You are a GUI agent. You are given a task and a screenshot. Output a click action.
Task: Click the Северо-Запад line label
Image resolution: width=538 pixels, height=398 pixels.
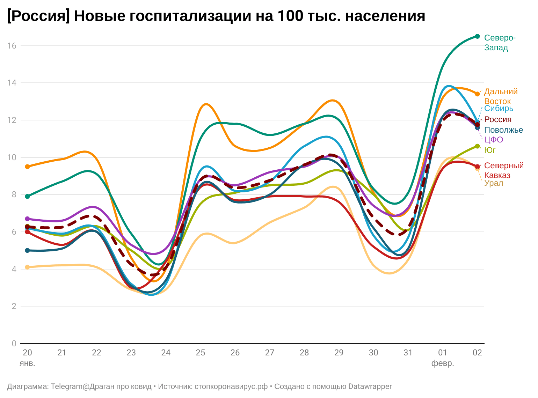pos(500,43)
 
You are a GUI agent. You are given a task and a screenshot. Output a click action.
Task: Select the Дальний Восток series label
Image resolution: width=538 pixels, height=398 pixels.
pos(501,96)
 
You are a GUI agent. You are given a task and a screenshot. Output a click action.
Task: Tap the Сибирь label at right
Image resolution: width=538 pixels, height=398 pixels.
pos(499,108)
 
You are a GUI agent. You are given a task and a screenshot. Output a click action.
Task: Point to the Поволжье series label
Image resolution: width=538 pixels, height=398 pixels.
pos(503,130)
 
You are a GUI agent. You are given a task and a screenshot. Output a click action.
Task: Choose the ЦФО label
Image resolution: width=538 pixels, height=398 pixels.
pos(493,140)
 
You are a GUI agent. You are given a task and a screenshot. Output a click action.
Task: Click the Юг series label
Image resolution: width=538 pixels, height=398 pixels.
pos(490,150)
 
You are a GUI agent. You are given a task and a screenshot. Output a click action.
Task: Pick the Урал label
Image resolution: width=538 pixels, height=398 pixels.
pos(493,183)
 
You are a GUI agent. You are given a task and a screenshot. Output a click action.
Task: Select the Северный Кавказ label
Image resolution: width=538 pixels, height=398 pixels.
pos(504,170)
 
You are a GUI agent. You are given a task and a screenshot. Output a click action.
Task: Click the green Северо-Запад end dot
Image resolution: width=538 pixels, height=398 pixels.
pos(477,36)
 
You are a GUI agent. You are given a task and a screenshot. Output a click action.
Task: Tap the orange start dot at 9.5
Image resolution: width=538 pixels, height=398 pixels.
pos(28,167)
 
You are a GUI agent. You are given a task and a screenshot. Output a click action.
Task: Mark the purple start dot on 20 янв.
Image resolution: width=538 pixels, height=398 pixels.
pos(28,219)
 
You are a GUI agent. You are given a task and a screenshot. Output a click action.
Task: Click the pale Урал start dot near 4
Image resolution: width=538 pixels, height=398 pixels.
pos(28,267)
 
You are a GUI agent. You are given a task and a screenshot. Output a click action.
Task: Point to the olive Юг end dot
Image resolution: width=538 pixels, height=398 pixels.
pos(477,146)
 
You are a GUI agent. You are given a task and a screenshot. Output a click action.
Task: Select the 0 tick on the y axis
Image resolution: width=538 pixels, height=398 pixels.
pos(14,344)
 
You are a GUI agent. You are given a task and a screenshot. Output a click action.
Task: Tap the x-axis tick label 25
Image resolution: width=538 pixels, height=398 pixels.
pos(200,353)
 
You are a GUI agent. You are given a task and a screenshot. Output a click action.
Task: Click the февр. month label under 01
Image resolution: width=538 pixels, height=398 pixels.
pos(443,363)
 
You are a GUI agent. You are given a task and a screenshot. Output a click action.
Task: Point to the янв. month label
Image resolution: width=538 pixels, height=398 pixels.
pos(27,363)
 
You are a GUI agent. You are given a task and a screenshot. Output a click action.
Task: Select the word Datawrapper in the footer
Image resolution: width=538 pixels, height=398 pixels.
pos(370,386)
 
